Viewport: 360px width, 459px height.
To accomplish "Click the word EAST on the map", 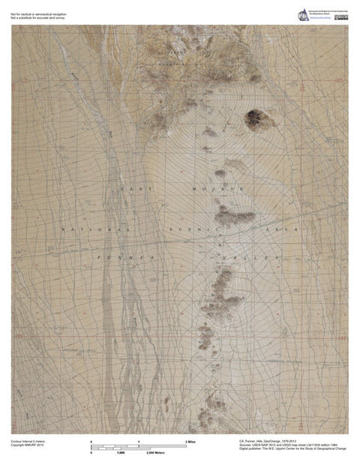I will pos(136,189).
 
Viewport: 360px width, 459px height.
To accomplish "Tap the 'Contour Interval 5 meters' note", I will pos(28,442).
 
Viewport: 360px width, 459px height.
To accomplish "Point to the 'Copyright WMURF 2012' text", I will pos(27,447).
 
